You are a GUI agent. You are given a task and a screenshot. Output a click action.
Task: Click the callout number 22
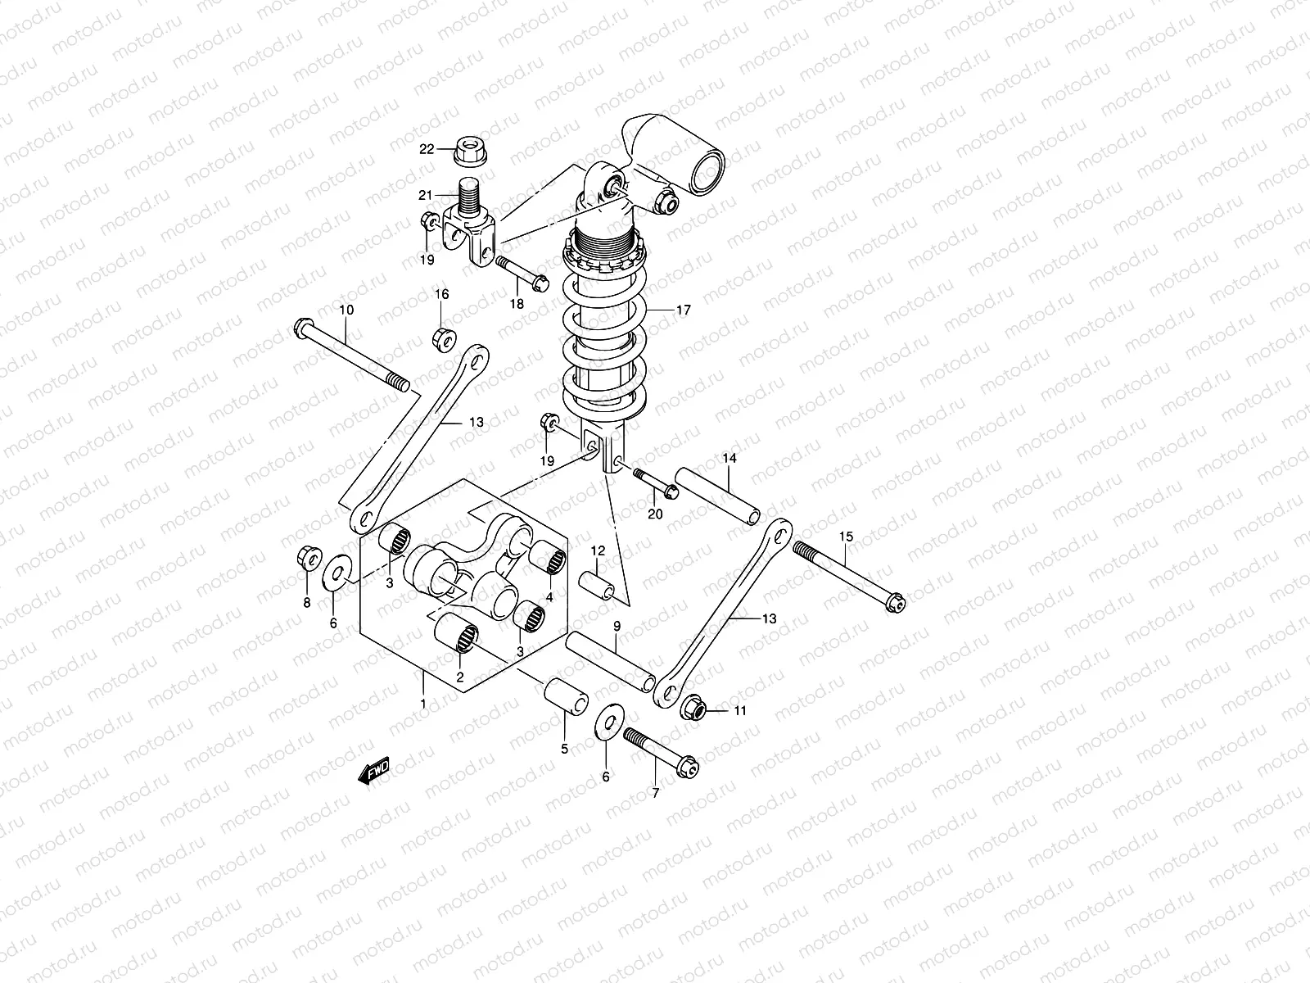(x=449, y=149)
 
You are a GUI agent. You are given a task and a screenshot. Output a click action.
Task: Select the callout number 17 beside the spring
(x=683, y=310)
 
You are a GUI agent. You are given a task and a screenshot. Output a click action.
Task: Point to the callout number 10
(x=346, y=310)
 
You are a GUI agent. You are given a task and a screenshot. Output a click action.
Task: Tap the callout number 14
(x=730, y=458)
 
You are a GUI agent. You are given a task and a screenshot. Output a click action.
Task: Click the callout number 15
(x=846, y=537)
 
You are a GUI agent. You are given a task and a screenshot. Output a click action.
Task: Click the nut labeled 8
(x=307, y=559)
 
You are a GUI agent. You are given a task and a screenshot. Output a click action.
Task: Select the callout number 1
(x=422, y=704)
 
